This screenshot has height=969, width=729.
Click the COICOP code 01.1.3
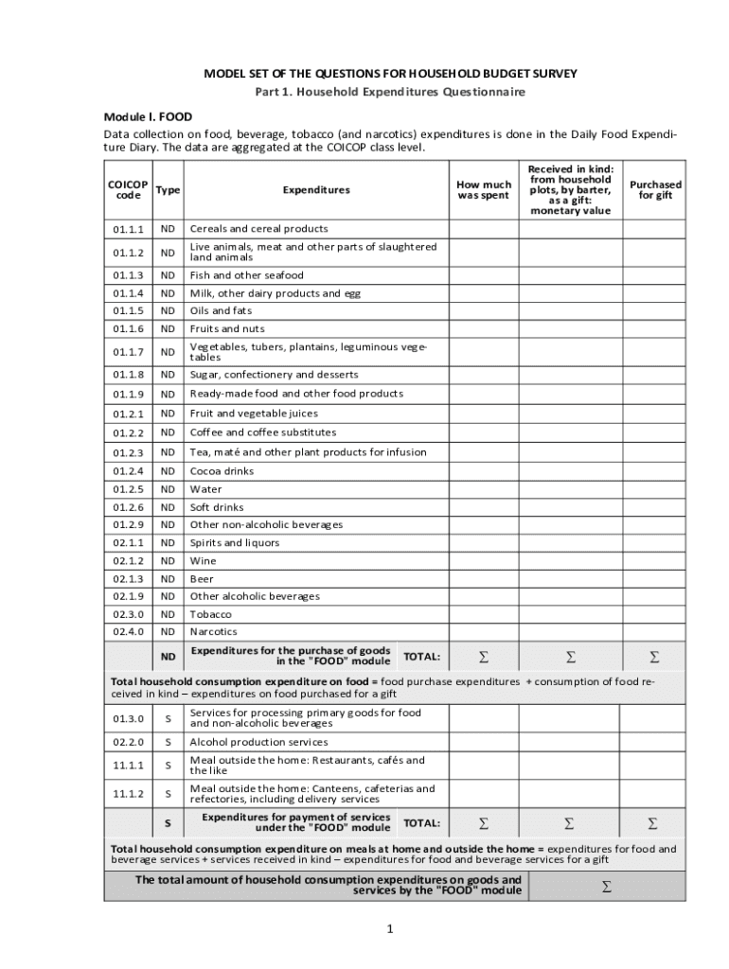point(128,275)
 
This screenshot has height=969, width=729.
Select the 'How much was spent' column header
point(483,189)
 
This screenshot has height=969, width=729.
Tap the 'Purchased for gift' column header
point(655,189)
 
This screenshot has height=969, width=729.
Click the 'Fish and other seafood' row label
point(246,275)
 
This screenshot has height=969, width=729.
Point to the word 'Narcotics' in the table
point(213,632)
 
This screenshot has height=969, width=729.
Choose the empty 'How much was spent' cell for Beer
point(483,578)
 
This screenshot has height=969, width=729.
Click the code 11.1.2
point(128,794)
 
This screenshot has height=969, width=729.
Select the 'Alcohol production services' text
point(258,742)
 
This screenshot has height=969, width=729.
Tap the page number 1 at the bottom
point(389,929)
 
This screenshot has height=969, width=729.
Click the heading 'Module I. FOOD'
point(148,117)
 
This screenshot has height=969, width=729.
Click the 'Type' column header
point(168,189)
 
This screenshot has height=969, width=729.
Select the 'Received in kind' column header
point(569,189)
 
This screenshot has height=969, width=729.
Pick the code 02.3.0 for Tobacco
point(128,614)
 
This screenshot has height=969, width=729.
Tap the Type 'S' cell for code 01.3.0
point(168,718)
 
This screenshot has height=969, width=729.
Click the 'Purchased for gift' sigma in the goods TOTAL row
point(654,657)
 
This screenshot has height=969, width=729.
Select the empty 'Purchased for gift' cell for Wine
point(655,560)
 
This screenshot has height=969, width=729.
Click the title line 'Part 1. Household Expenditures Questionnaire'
point(390,92)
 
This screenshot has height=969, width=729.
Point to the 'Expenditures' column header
point(315,189)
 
